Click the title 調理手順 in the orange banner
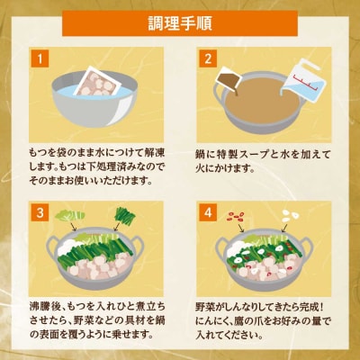180,21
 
